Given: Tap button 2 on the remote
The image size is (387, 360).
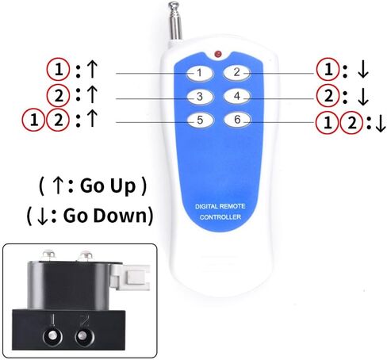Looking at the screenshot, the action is tap(236, 72).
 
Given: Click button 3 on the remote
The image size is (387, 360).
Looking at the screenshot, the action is tap(200, 97).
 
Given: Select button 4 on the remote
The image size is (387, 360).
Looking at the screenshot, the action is tap(237, 96).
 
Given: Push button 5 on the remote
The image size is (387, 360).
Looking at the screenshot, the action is tap(200, 121).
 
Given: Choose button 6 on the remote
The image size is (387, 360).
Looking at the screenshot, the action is tap(237, 120).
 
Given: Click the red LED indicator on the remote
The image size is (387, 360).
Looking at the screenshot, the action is tap(218, 54).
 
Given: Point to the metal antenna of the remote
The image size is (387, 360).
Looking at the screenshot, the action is tap(175, 21).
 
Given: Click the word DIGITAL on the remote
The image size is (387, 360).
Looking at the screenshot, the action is tap(206, 206).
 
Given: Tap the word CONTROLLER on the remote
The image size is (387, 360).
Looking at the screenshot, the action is tap(220, 217).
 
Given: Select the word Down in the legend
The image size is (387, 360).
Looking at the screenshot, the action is tap(120, 215).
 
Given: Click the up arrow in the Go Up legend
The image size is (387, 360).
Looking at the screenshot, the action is tap(58, 186).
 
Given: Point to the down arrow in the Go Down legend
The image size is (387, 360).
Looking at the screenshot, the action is tap(43, 216).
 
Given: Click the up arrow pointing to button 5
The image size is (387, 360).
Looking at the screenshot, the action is tap(92, 119).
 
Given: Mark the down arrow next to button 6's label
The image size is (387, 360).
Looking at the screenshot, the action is tap(381, 124).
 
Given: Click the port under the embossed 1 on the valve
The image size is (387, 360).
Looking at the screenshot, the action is tap(52, 337).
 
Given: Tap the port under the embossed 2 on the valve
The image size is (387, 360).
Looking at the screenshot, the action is tap(85, 337).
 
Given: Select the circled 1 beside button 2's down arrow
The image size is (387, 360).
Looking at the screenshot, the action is tap(328, 70).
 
